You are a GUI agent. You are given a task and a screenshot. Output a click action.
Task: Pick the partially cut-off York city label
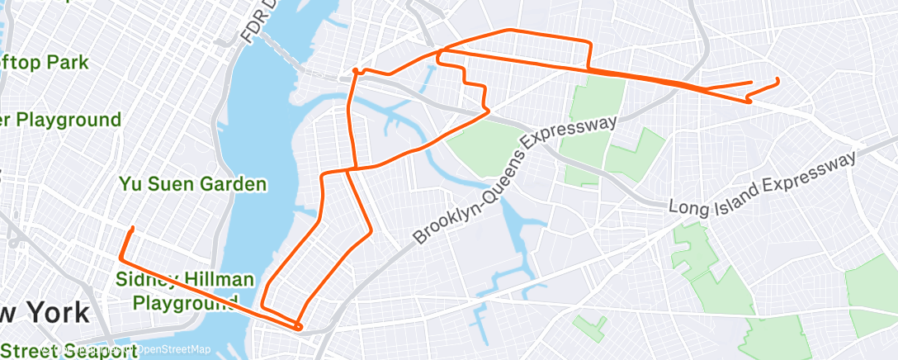(45, 314)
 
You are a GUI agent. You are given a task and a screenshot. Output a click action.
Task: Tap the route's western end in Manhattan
(132, 228)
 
